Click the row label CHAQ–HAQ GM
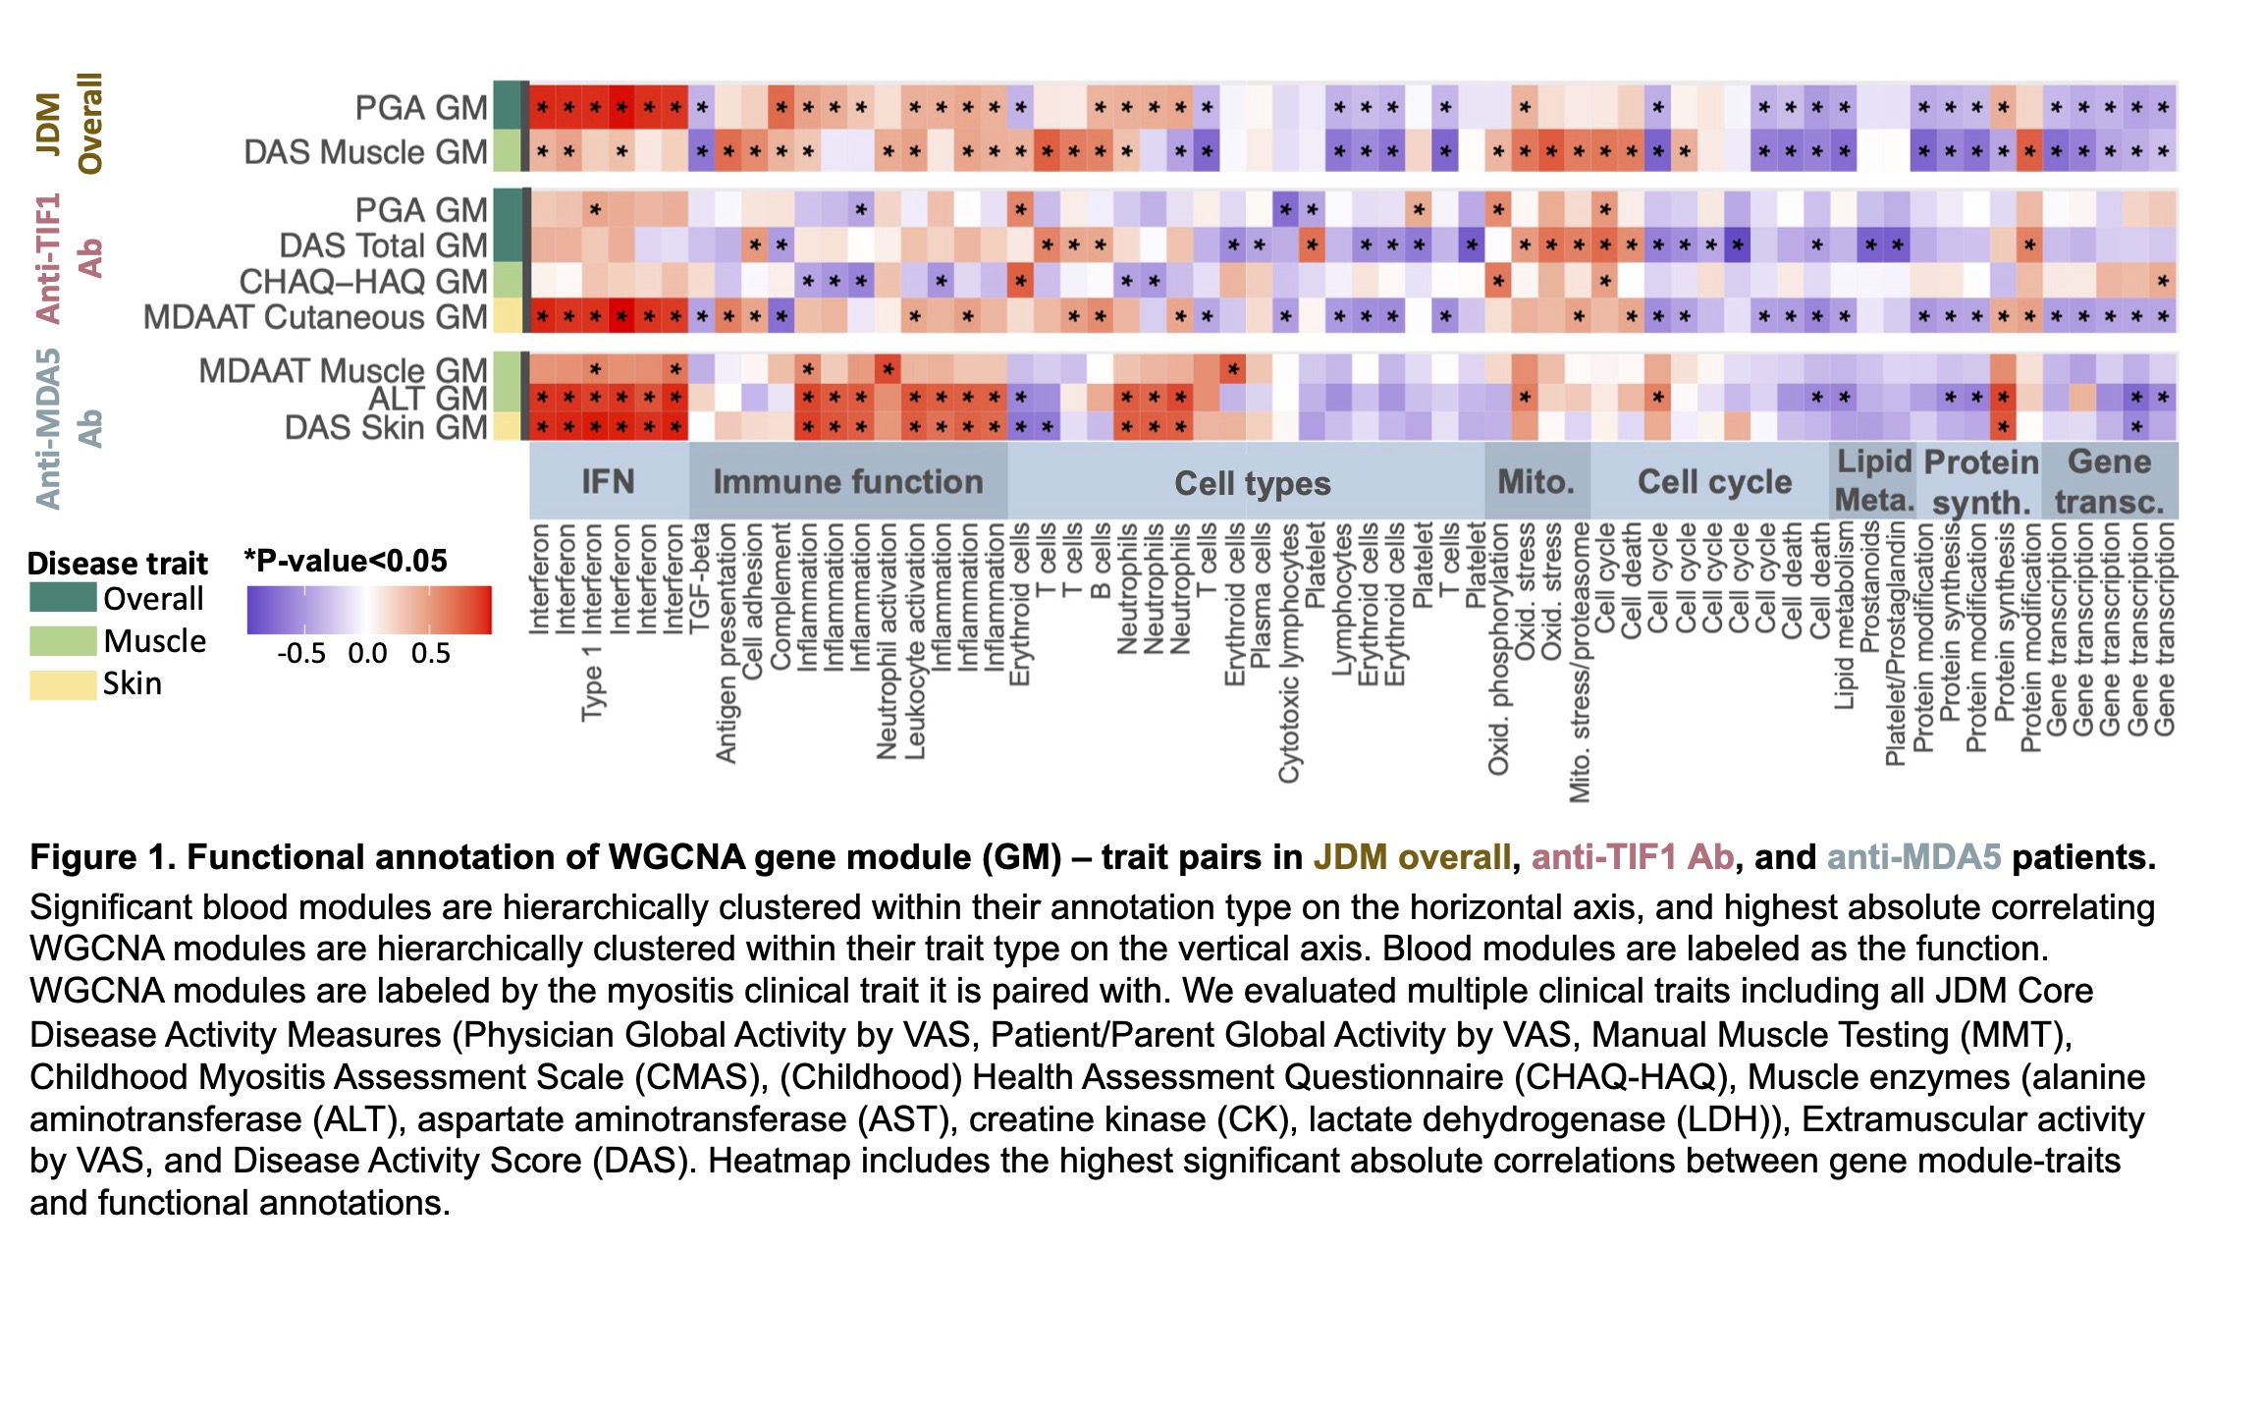(x=363, y=282)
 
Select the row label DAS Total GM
(x=383, y=245)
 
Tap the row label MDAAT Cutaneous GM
(x=315, y=317)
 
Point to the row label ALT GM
(x=427, y=399)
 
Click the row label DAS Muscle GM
(x=365, y=152)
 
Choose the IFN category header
(x=608, y=481)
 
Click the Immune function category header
(x=847, y=481)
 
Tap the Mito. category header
(x=1535, y=481)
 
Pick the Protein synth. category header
(x=1980, y=481)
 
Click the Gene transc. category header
(x=2109, y=481)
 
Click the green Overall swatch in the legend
(x=63, y=597)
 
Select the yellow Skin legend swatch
(x=63, y=683)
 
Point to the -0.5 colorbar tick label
(x=301, y=654)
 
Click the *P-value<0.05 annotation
(x=346, y=561)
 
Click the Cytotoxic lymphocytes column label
(x=1288, y=653)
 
